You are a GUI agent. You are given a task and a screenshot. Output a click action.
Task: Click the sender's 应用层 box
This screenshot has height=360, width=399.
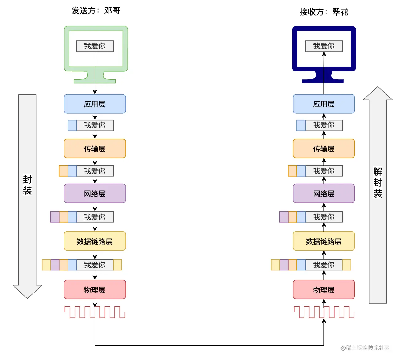point(95,104)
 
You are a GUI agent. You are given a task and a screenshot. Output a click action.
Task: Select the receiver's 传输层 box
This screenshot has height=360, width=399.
point(323,149)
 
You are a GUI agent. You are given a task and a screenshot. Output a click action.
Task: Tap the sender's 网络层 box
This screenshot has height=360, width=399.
point(95,193)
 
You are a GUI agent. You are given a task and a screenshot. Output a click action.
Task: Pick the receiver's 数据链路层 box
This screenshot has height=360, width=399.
point(323,241)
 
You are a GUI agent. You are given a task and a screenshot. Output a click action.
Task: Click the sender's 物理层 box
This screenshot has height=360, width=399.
point(95,289)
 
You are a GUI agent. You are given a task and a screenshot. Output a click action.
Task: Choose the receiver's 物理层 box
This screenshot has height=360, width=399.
point(323,289)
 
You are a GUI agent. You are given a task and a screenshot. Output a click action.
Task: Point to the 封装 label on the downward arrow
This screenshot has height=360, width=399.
point(27,185)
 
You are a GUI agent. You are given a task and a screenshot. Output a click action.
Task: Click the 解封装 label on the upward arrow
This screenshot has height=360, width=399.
point(378,182)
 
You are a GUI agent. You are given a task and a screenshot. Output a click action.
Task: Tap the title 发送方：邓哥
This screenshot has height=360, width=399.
point(96,11)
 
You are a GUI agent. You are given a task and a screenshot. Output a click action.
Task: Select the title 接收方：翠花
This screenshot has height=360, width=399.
point(324,12)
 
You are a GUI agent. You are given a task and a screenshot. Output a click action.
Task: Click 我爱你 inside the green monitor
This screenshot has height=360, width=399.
point(95,46)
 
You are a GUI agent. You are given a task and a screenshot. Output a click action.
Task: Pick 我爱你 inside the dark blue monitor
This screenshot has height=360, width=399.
point(324,46)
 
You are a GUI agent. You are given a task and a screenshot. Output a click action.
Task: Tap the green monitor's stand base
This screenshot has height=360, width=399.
point(95,81)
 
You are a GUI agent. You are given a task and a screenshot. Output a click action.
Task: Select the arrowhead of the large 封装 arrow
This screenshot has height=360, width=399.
point(27,291)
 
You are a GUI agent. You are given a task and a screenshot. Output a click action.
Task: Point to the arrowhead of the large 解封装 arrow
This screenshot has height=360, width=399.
point(378,94)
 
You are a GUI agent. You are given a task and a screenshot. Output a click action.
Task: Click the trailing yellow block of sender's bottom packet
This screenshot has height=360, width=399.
point(117,265)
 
